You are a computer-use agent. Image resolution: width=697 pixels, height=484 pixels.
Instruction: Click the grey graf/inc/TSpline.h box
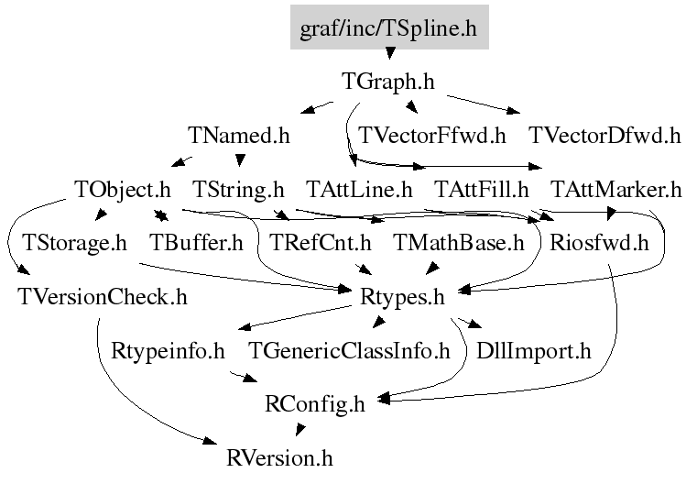389,28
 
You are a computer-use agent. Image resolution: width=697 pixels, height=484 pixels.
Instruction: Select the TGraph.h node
387,82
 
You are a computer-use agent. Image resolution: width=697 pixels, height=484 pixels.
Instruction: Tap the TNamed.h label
239,137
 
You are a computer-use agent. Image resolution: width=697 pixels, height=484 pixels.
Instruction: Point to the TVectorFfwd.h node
432,137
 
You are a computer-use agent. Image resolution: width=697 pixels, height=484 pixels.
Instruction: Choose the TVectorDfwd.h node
604,137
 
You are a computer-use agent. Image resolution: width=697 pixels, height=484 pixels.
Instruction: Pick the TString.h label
239,190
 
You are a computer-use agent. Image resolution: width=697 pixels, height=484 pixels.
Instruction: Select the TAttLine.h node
358,190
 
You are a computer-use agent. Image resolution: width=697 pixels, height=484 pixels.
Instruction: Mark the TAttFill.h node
482,190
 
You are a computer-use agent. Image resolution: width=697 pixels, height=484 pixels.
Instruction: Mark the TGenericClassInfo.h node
351,350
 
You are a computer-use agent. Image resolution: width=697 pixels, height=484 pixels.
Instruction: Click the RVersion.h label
280,456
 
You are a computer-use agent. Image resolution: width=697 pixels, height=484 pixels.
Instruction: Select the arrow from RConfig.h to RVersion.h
298,430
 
